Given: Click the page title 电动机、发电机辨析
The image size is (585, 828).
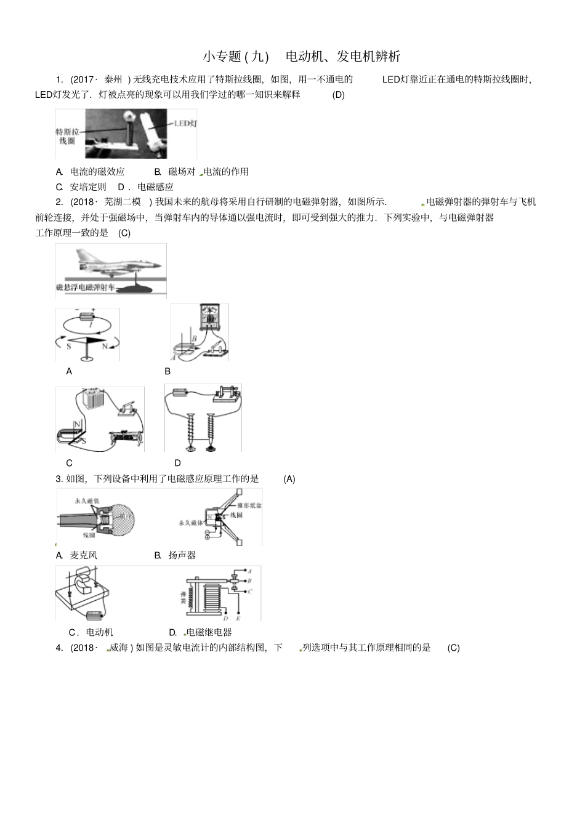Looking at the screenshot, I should pos(343,57).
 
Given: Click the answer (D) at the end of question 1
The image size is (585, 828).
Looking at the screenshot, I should pos(338,95).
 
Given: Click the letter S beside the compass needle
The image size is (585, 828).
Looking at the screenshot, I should pos(69,347).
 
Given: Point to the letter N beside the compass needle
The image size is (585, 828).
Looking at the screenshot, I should pos(105,347).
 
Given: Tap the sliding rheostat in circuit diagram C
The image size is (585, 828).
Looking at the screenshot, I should pos(126,439).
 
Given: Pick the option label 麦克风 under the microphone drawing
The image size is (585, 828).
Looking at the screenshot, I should pos(84,555).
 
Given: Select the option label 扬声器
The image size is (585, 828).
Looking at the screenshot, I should pos(182,555).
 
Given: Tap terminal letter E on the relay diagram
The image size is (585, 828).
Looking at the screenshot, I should pos(238,618).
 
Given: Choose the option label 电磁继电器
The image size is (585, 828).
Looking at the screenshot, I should pos(209,632).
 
